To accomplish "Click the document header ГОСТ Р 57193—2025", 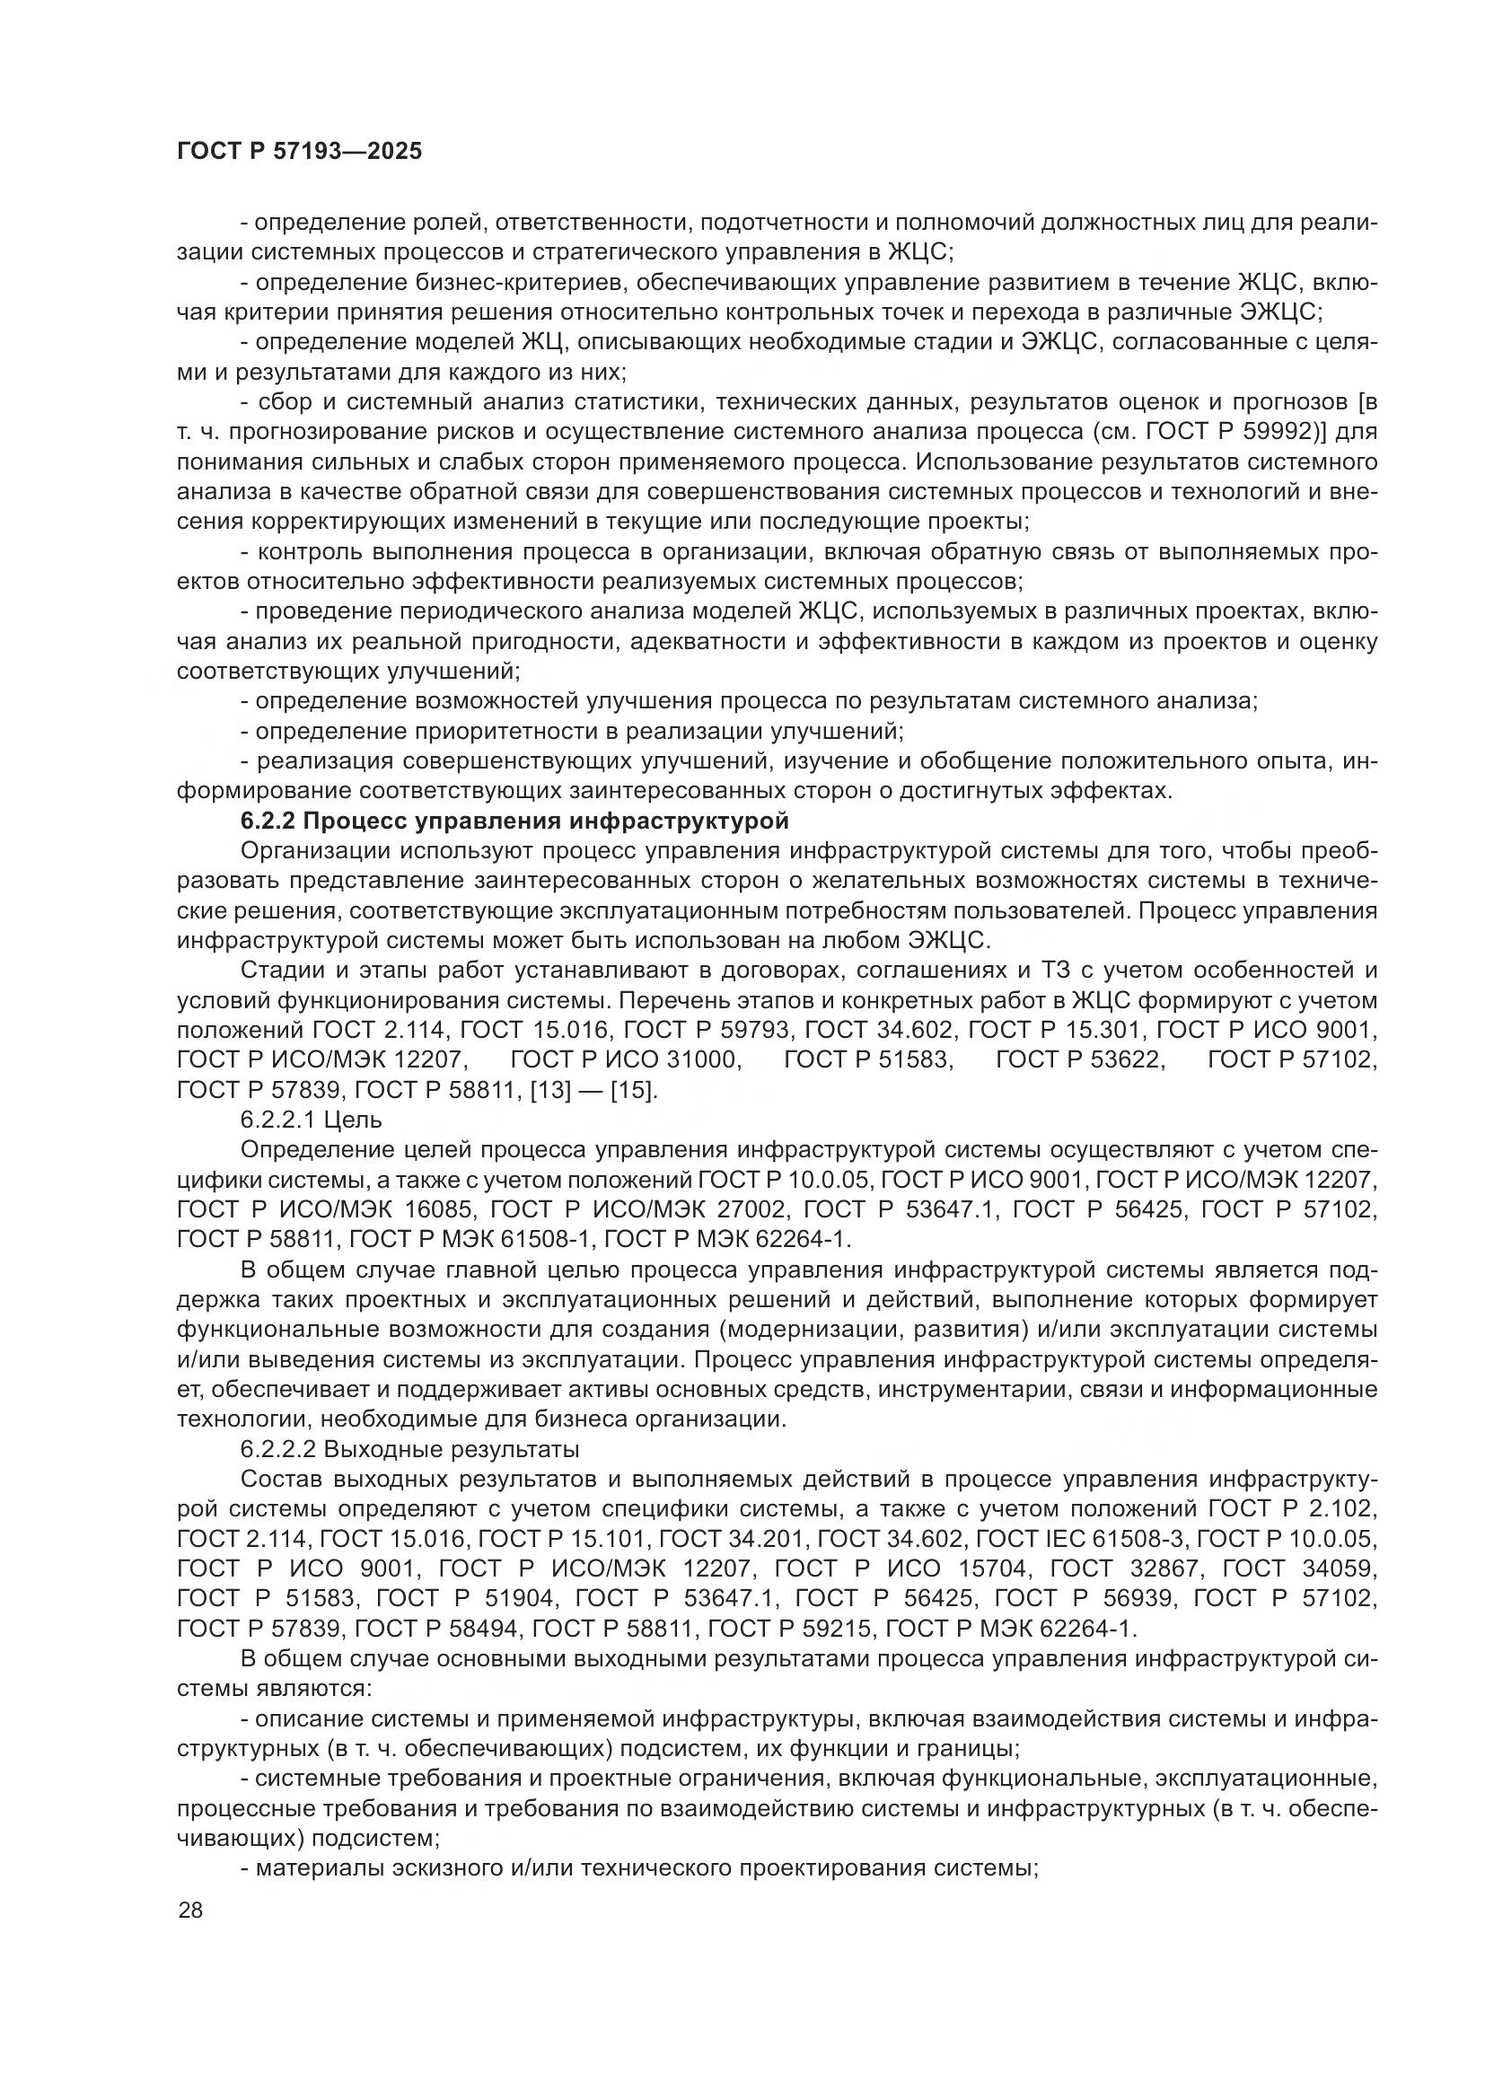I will pyautogui.click(x=299, y=152).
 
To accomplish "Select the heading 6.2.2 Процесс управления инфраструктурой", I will pyautogui.click(x=514, y=821).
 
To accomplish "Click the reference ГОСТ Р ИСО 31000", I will pyautogui.click(x=626, y=1060).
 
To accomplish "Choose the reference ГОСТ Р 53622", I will pyautogui.click(x=1080, y=1060).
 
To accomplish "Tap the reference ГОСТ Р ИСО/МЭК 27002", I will pyautogui.click(x=638, y=1209).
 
